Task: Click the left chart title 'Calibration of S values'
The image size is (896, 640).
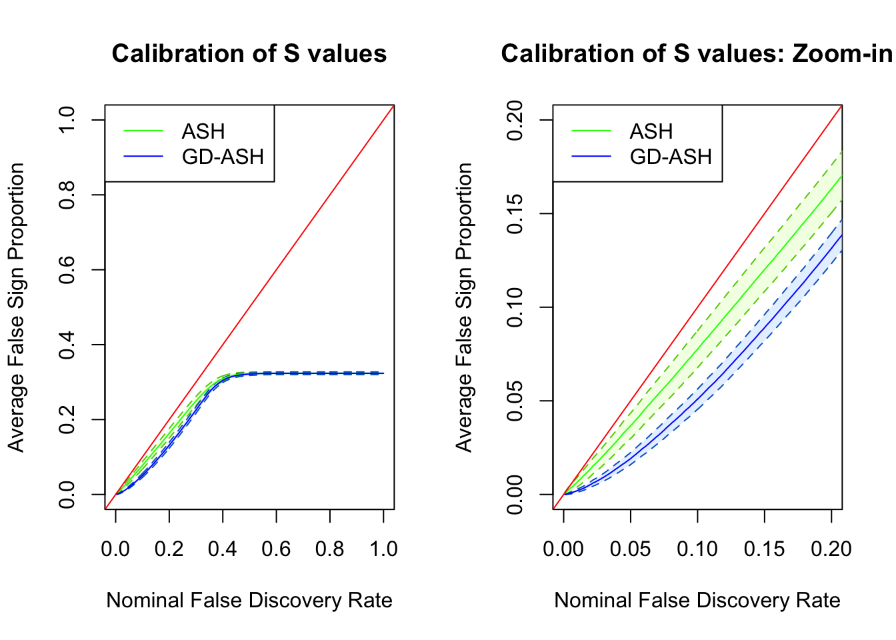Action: coord(249,53)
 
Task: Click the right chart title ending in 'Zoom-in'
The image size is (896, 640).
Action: coord(697,53)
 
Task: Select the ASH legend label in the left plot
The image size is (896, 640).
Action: coord(203,131)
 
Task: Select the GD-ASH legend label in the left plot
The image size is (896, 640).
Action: coord(223,157)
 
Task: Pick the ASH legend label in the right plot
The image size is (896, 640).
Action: coord(651,131)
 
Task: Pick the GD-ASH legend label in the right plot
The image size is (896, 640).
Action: coord(671,157)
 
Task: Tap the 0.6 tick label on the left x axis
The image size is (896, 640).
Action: coord(276,549)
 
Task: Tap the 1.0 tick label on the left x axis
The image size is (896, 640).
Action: coord(383,549)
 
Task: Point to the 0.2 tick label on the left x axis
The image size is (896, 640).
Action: coord(169,549)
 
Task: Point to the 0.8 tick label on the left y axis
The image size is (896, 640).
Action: coord(67,195)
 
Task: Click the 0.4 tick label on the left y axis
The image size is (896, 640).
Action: coord(67,345)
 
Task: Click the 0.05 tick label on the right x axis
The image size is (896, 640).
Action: coord(630,549)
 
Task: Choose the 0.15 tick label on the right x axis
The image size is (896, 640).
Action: coord(764,549)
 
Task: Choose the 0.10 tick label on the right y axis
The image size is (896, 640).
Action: coord(515,307)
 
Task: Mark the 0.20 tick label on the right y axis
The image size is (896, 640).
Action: coord(515,120)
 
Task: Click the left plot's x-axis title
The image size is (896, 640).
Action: coord(249,601)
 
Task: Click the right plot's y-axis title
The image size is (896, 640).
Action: coord(464,307)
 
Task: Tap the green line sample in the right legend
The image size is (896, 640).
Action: coord(591,131)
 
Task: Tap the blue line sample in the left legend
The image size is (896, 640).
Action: coord(143,157)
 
